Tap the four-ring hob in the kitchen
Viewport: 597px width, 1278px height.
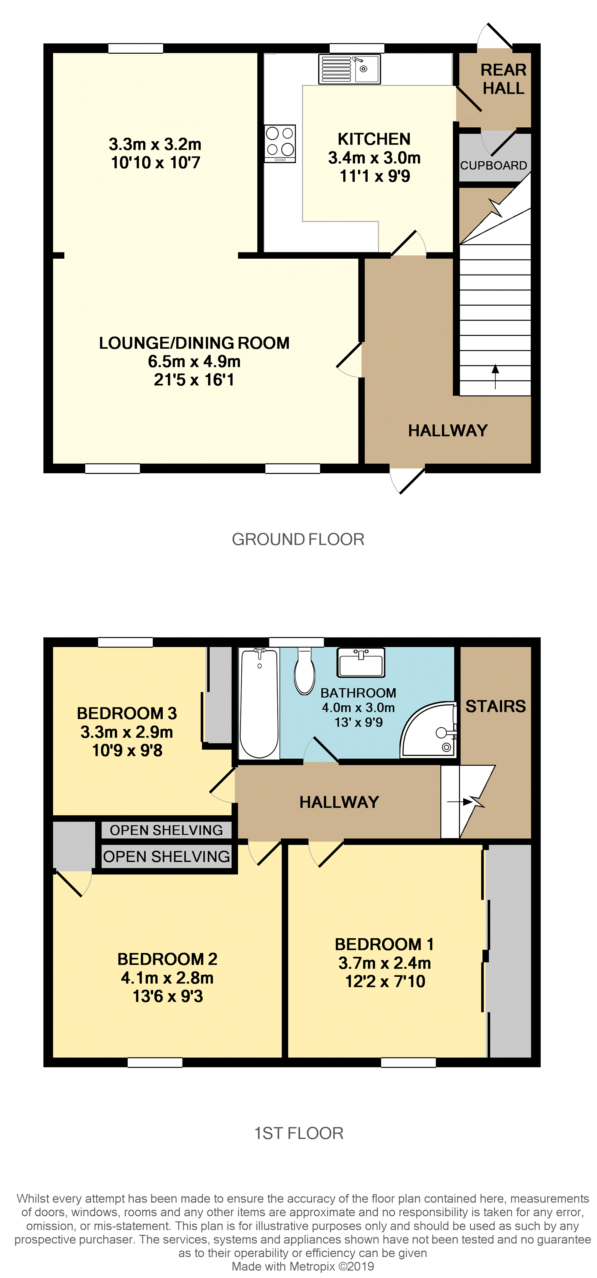(x=280, y=143)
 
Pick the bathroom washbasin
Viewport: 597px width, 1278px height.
(x=361, y=662)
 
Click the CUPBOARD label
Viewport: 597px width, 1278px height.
(x=493, y=165)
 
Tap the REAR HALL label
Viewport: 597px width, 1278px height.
(x=503, y=79)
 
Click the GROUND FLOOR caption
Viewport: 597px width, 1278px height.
(x=298, y=539)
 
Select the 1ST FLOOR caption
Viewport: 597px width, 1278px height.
(x=298, y=1133)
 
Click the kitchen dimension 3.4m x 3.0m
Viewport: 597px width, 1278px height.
(x=374, y=158)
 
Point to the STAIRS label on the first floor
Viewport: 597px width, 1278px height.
(x=495, y=706)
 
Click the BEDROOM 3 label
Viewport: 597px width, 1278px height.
(x=127, y=713)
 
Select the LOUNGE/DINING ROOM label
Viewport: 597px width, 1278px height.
(x=194, y=343)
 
